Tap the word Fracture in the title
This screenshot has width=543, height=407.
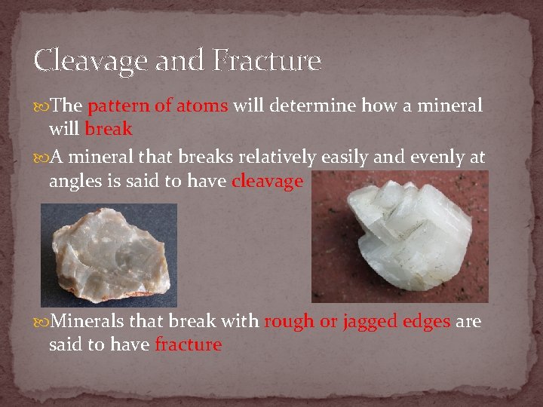coord(267,60)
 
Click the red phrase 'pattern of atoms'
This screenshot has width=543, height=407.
coord(158,106)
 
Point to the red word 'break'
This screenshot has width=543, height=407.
coord(109,129)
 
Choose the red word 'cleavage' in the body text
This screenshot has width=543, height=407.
coord(267,182)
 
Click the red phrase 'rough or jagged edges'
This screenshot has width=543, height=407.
coord(357,322)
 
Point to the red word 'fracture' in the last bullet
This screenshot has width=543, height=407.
coord(188,345)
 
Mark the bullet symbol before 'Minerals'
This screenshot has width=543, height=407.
coord(41,323)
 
